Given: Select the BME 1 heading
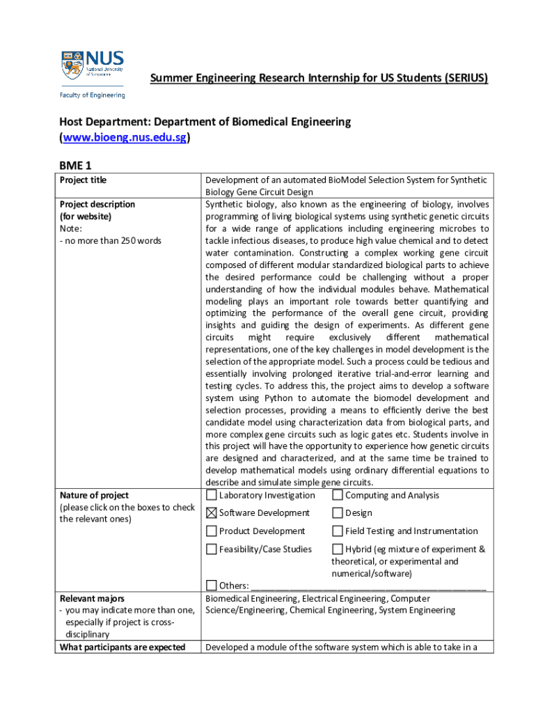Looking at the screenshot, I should pos(75,165).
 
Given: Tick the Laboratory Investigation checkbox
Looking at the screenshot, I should pos(211,496).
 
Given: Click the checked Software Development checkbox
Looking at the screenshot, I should pos(211,513).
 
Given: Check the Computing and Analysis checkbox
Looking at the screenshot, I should pos(337,496).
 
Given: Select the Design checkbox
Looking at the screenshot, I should pos(337,513).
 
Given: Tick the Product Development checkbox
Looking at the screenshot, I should pos(211,531).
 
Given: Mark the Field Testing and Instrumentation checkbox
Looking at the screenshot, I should pos(337,531).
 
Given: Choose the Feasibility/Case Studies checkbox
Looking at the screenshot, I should pos(211,549).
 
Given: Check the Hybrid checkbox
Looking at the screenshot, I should pos(337,549).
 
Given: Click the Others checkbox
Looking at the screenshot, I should pos(211,585).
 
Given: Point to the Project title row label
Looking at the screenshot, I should pos(83,180).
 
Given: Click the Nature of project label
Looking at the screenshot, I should pos(94,496).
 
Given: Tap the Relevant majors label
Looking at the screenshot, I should pos(92,599).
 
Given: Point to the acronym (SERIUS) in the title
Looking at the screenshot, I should pos(463,79).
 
